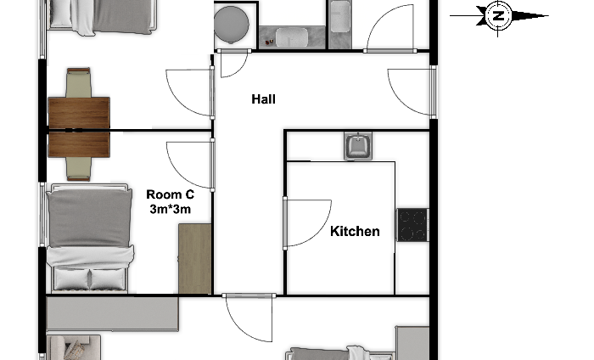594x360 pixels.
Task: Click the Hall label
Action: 263,99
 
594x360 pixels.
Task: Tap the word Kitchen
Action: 355,231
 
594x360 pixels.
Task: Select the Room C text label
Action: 170,194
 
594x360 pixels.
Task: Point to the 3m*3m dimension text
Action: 170,209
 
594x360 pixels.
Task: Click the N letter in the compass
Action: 499,16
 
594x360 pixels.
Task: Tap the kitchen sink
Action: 358,146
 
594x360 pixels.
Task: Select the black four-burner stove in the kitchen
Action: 412,225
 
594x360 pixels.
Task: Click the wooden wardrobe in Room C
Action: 194,258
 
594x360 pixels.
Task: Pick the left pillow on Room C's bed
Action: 71,279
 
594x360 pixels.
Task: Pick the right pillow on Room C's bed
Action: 107,279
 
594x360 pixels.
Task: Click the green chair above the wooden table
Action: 78,82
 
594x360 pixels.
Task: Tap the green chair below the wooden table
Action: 78,169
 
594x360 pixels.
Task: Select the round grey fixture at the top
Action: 232,24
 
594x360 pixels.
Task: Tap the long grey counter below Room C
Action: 113,313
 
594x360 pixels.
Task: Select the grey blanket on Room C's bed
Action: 90,218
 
